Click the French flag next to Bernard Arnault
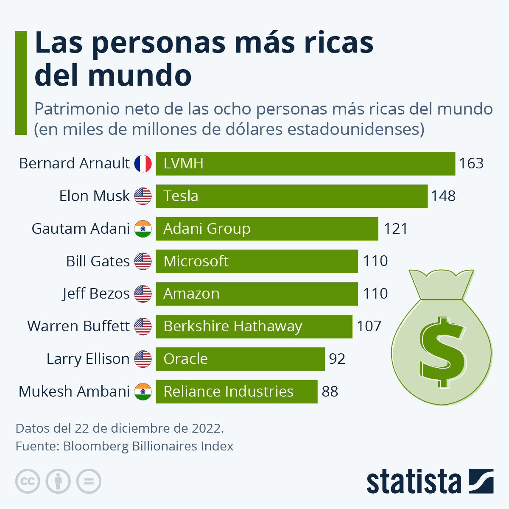(x=143, y=163)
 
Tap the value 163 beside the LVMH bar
(x=471, y=163)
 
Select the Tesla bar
(x=291, y=196)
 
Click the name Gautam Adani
(x=81, y=229)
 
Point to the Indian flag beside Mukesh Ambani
(x=143, y=392)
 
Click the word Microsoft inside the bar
(x=196, y=261)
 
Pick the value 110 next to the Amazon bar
(x=375, y=294)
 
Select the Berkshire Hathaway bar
(x=254, y=326)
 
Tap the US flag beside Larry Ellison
(x=143, y=359)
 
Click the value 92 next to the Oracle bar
(x=337, y=359)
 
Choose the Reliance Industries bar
(x=236, y=392)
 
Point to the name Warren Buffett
(x=78, y=326)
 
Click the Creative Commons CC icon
(x=28, y=481)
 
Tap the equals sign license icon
(x=89, y=481)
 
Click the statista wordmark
(x=414, y=482)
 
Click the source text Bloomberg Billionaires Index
(x=148, y=446)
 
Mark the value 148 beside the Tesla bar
(x=443, y=196)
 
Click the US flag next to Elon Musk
(x=143, y=196)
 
